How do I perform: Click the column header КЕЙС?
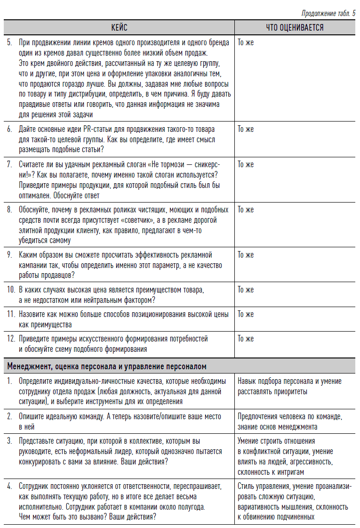(119, 28)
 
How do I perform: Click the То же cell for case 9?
(246, 255)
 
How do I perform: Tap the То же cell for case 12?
(246, 339)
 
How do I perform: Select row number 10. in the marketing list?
(11, 290)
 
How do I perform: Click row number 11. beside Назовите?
(11, 314)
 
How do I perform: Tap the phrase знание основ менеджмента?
(277, 427)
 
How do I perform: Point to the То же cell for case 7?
(246, 164)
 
